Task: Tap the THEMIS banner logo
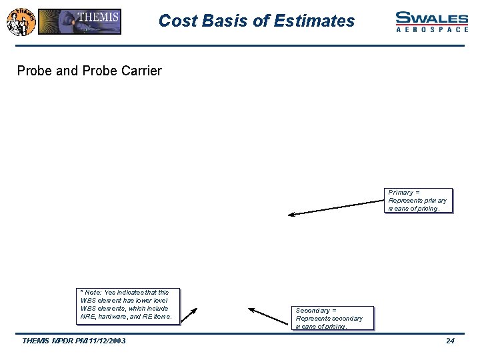[79, 21]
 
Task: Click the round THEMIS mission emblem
[21, 21]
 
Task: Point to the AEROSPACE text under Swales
[431, 30]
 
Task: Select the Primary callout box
[419, 200]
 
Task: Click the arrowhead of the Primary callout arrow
[290, 215]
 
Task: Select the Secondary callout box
[334, 318]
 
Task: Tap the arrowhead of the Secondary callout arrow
[251, 309]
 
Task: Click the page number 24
[450, 341]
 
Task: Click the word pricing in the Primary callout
[429, 209]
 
